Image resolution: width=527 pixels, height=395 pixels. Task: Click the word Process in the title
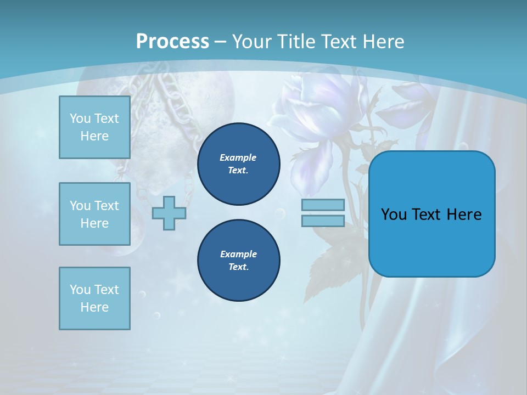coord(172,42)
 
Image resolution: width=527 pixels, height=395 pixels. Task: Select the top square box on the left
coord(94,127)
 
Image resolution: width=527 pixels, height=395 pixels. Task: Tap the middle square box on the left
coord(94,214)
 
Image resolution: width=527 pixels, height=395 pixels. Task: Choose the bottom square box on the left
coord(94,298)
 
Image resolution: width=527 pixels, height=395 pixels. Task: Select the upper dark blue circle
coord(238,164)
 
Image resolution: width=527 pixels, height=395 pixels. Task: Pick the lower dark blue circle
coord(238,261)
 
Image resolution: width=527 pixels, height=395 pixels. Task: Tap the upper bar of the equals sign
coord(323,205)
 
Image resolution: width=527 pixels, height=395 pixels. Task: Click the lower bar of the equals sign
coord(323,221)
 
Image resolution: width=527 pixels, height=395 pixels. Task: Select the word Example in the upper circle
coord(238,157)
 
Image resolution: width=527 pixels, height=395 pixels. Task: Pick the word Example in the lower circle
coord(238,254)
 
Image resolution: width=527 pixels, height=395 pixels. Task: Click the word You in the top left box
coord(80,119)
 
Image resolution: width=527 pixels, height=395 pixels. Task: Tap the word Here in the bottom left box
coord(94,307)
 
